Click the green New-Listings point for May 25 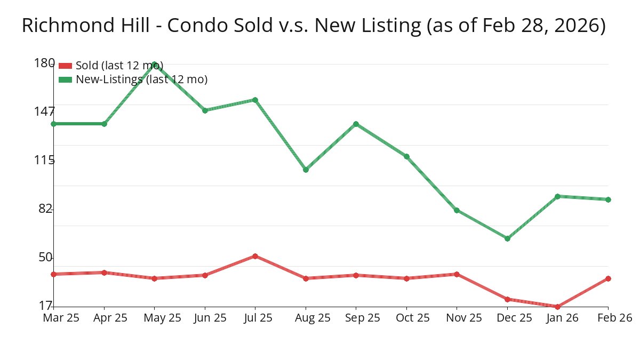tap(155, 64)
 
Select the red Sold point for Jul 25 tap(255, 256)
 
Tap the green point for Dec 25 tap(507, 238)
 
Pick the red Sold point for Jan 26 tap(558, 307)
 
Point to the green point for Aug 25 tap(306, 170)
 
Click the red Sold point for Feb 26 tap(608, 278)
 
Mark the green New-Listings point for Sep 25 tap(356, 124)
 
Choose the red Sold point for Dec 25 tap(507, 299)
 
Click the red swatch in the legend tap(65, 66)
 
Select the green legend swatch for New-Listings tap(65, 79)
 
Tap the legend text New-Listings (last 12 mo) tap(141, 79)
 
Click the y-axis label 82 tap(45, 209)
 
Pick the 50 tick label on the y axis tap(45, 258)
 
